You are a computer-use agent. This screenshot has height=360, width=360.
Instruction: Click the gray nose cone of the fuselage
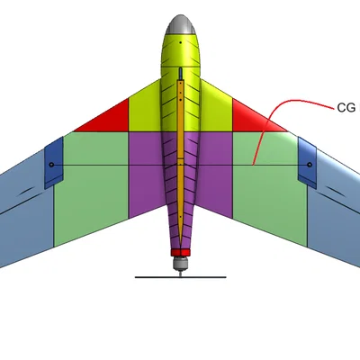181,25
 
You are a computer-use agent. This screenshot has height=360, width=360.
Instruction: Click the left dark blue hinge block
54,163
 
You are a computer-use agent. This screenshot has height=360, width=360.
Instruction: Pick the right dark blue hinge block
307,163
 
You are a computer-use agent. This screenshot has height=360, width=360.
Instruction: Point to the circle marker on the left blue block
51,165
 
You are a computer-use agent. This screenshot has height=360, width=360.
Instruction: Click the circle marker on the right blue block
310,165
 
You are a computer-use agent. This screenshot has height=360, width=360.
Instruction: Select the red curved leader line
270,117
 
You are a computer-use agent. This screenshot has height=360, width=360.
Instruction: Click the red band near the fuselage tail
181,252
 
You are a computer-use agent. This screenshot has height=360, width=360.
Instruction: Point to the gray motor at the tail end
181,263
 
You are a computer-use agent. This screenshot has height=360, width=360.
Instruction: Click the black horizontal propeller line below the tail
180,277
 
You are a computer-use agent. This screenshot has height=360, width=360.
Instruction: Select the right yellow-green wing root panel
216,111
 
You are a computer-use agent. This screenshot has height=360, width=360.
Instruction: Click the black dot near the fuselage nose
181,42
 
